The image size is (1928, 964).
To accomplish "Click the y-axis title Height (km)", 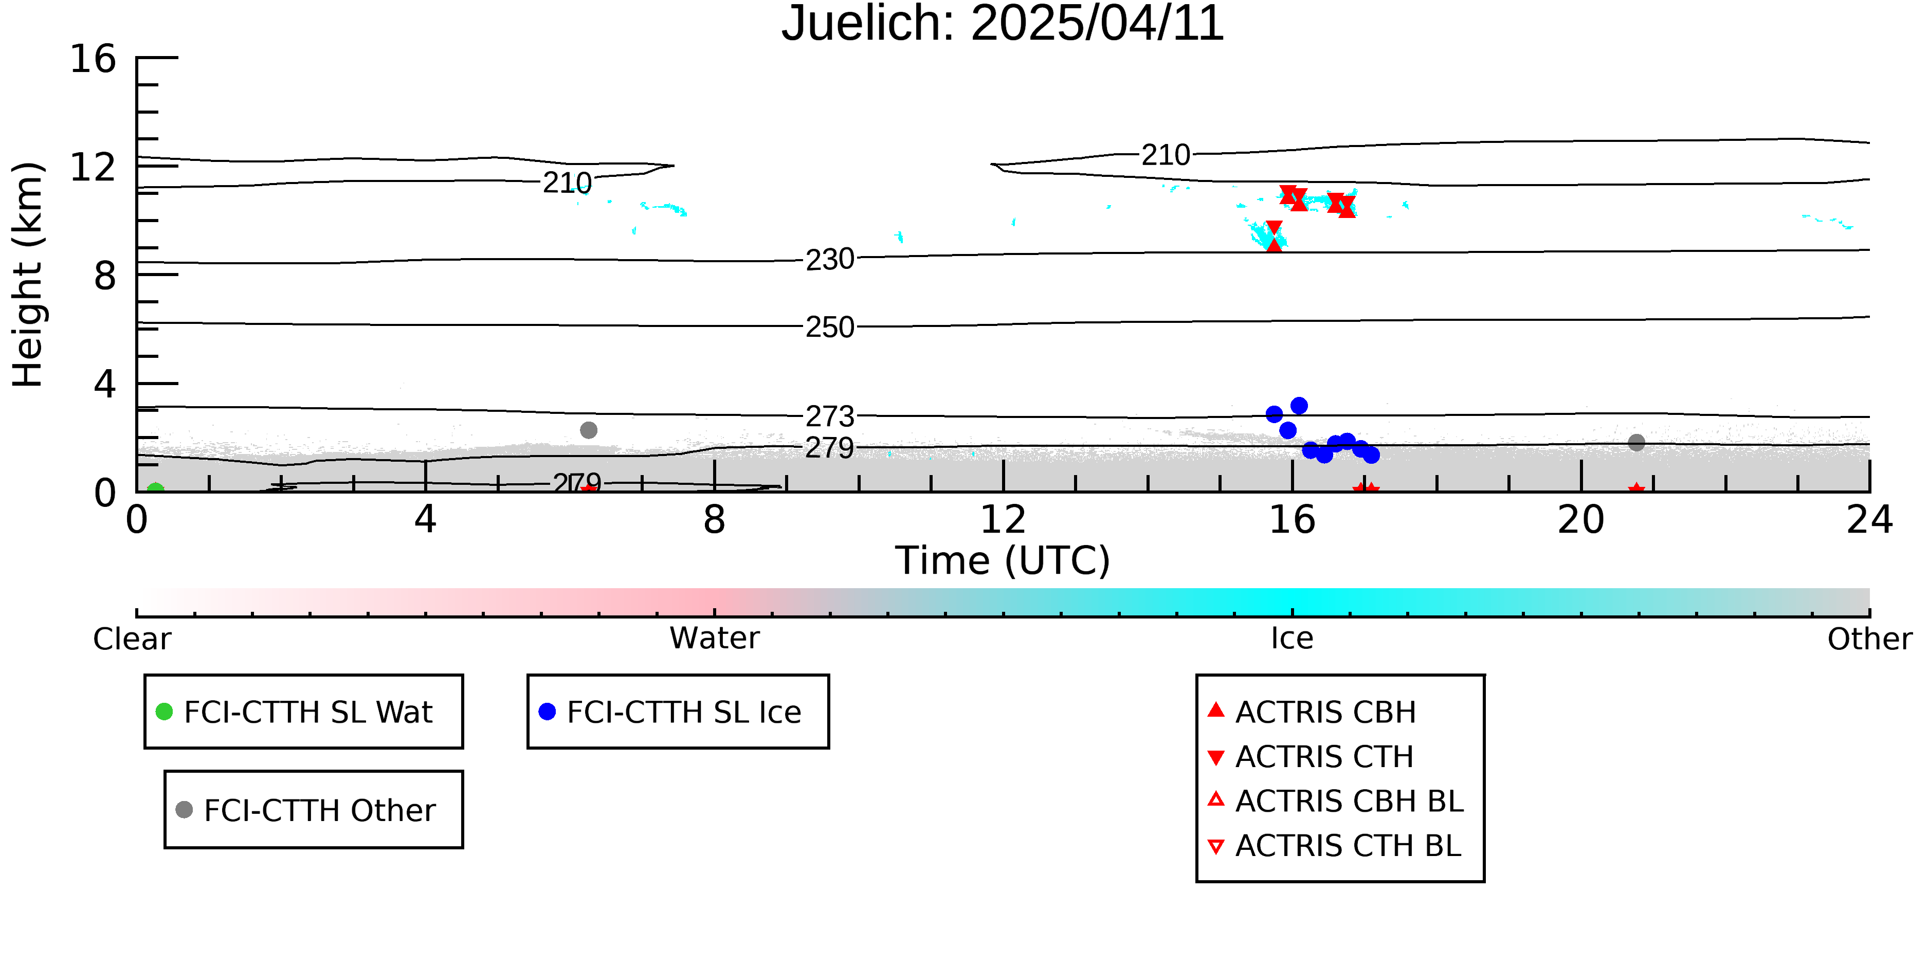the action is (x=28, y=275).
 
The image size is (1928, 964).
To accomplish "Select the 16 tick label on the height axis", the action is (x=93, y=59).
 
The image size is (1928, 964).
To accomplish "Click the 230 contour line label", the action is (x=829, y=260).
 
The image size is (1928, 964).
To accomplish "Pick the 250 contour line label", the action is (x=829, y=327).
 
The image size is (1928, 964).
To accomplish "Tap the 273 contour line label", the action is (x=829, y=416).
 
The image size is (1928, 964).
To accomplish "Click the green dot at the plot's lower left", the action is (x=155, y=489).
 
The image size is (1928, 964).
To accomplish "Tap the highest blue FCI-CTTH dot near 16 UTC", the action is (x=1299, y=406).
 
